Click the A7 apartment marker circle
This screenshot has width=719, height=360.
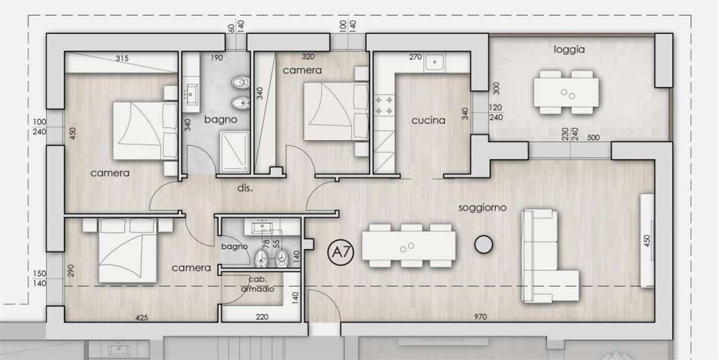pos(340,252)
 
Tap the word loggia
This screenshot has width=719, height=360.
pos(569,50)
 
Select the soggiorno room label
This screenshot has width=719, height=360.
pos(483,208)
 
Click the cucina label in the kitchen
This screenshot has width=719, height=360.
pos(429,121)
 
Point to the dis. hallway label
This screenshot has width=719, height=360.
pos(245,188)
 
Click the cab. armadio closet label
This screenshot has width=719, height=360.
pos(258,284)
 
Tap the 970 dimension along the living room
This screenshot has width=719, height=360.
pos(480,317)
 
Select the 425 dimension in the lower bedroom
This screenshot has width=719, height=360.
pos(142,318)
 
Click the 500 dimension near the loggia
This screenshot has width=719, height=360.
pos(593,138)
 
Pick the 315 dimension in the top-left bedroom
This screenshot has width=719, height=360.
pos(122,58)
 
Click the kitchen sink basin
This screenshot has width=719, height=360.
pos(435,62)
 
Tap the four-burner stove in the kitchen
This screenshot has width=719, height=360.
pos(384,106)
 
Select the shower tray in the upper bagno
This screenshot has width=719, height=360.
pos(235,151)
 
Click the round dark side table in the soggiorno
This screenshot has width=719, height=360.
pos(484,244)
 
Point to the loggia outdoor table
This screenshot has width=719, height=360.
pos(566,93)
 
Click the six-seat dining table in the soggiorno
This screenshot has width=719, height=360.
pos(408,246)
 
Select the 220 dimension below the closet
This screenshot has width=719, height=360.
pos(262,317)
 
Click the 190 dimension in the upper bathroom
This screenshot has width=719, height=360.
pos(217,58)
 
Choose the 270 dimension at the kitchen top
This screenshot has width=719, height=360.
pos(415,57)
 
